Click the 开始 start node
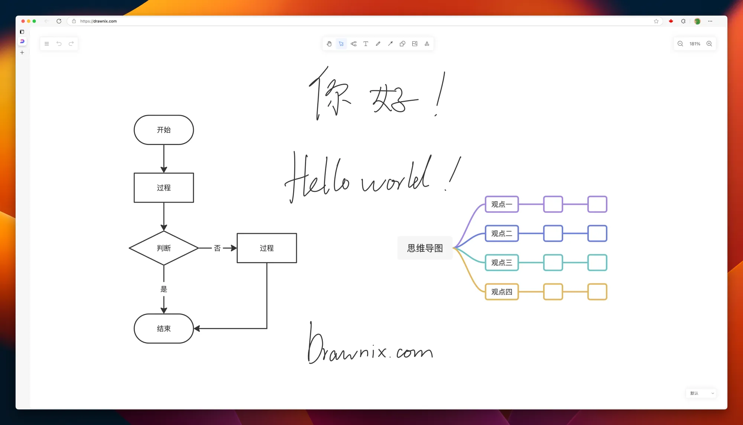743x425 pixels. pyautogui.click(x=163, y=130)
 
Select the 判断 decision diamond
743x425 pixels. pyautogui.click(x=163, y=248)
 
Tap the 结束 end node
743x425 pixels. pyautogui.click(x=163, y=329)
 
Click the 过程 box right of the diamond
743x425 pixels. pyautogui.click(x=267, y=248)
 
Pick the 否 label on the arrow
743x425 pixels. pyautogui.click(x=217, y=248)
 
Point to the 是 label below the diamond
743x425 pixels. pyautogui.click(x=164, y=289)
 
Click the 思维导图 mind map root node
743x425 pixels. pyautogui.click(x=425, y=248)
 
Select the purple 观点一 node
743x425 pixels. pyautogui.click(x=502, y=205)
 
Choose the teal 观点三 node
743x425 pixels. pyautogui.click(x=502, y=263)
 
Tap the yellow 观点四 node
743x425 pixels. pyautogui.click(x=502, y=292)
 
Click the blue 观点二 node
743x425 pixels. pyautogui.click(x=502, y=234)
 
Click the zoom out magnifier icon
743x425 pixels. pyautogui.click(x=680, y=44)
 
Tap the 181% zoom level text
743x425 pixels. pyautogui.click(x=695, y=44)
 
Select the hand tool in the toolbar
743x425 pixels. pyautogui.click(x=329, y=44)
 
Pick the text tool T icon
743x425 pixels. pyautogui.click(x=366, y=44)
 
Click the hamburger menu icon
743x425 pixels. pyautogui.click(x=47, y=44)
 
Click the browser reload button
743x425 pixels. pyautogui.click(x=59, y=21)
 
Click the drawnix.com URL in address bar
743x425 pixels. pyautogui.click(x=98, y=21)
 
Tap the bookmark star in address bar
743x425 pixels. pyautogui.click(x=656, y=21)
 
